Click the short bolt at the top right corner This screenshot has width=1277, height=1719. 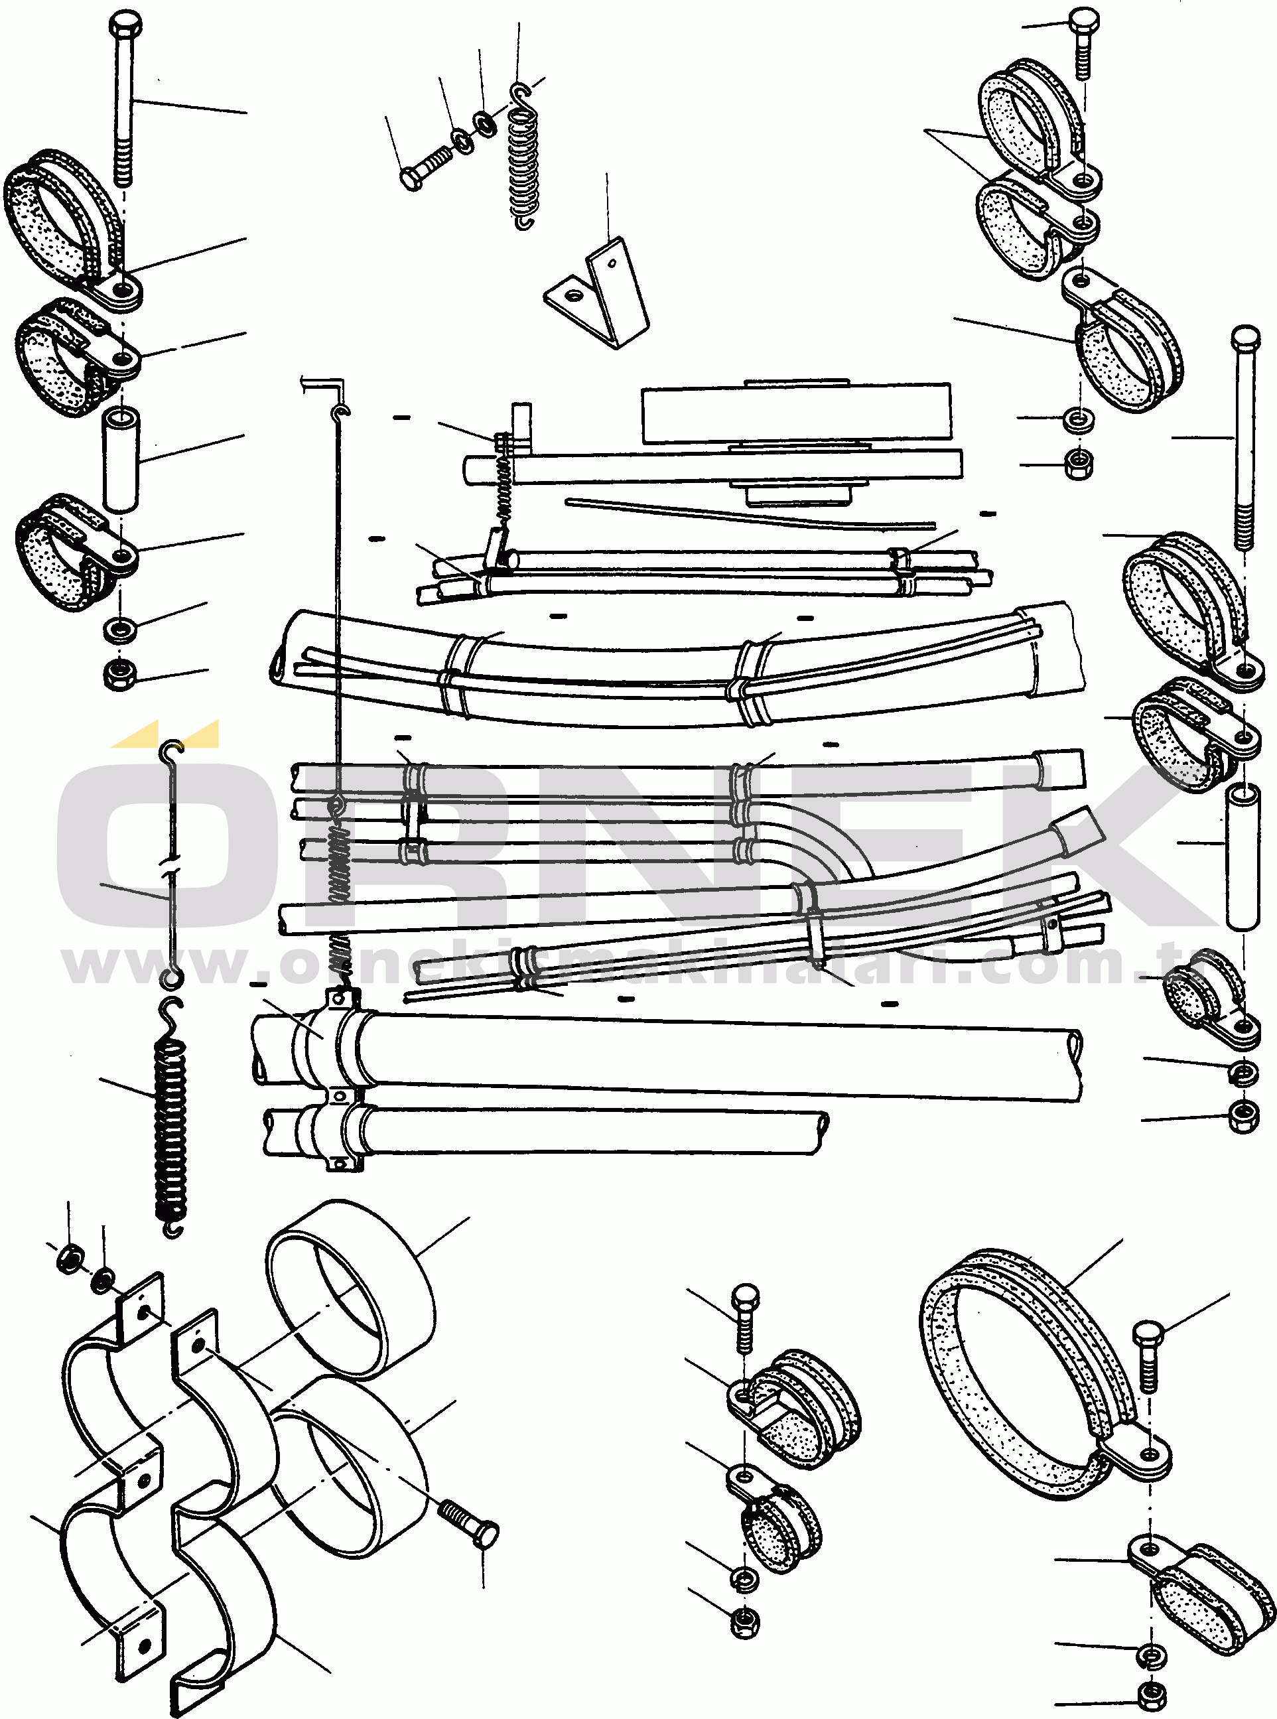coord(1084,42)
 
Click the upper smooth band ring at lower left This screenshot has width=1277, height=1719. coord(350,1287)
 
